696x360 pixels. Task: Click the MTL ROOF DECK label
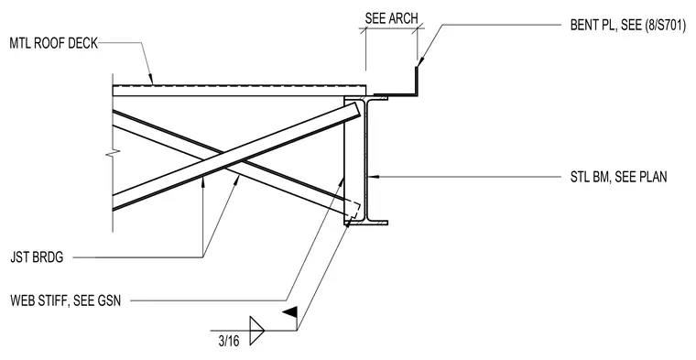click(x=54, y=43)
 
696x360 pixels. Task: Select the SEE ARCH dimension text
click(x=392, y=18)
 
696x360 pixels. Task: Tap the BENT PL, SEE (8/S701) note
click(x=628, y=25)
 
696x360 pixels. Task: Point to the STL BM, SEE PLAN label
click(x=618, y=177)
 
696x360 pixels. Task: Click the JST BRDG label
click(x=37, y=257)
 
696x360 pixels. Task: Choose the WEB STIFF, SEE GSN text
click(x=65, y=300)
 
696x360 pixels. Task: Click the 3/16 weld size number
click(x=229, y=341)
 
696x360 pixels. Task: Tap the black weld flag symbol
click(x=290, y=312)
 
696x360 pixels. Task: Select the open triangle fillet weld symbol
click(x=256, y=331)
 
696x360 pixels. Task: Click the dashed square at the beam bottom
click(x=353, y=210)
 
